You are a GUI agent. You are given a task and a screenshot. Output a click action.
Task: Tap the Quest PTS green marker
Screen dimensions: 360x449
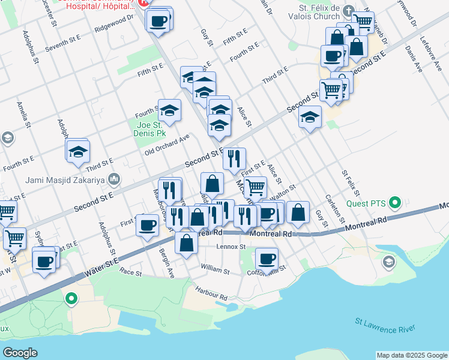click(395, 203)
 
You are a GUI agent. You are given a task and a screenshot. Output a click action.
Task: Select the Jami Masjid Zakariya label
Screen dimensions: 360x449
click(65, 179)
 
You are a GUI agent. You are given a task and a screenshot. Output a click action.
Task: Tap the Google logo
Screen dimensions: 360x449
click(20, 352)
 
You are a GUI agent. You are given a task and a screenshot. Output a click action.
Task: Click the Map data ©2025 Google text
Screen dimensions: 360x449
click(412, 355)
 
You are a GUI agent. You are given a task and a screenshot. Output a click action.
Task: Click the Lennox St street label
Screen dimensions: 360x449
click(231, 247)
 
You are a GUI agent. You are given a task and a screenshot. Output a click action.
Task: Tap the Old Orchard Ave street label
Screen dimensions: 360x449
click(167, 145)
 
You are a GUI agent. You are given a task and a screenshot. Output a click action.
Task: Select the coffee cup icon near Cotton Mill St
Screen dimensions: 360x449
click(267, 259)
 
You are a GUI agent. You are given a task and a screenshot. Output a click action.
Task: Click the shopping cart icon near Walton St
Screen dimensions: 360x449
click(256, 187)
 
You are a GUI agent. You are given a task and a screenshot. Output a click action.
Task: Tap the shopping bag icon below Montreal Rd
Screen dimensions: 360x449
click(187, 243)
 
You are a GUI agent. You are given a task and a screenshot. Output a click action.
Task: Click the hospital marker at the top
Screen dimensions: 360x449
click(145, 3)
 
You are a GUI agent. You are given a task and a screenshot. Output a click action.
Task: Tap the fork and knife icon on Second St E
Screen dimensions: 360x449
click(234, 158)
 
